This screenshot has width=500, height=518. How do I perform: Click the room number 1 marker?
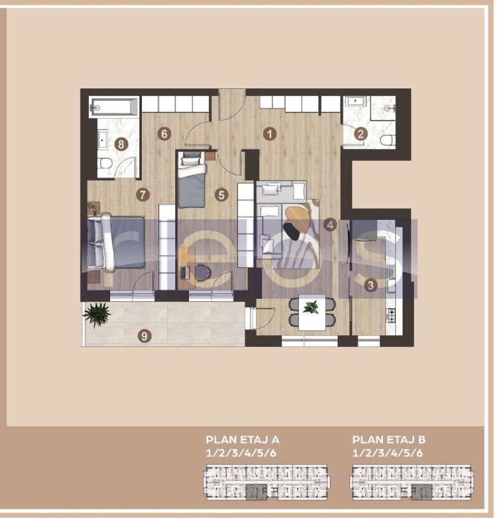pyautogui.click(x=269, y=134)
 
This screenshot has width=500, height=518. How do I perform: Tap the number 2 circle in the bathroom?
pyautogui.click(x=361, y=134)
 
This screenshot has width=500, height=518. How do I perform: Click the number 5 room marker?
pyautogui.click(x=221, y=194)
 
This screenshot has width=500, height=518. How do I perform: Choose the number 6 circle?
pyautogui.click(x=164, y=134)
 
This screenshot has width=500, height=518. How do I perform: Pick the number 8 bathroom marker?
pyautogui.click(x=121, y=143)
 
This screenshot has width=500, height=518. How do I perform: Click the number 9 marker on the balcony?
pyautogui.click(x=144, y=336)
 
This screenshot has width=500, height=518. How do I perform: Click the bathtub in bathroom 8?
pyautogui.click(x=114, y=108)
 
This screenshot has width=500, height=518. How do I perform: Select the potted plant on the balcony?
pyautogui.click(x=97, y=314)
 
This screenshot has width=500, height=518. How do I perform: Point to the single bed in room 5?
pyautogui.click(x=192, y=180)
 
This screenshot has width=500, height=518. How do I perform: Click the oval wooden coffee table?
pyautogui.click(x=297, y=219)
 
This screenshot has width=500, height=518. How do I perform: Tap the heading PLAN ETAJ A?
pyautogui.click(x=242, y=440)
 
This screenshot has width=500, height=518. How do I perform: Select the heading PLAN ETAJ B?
pyautogui.click(x=389, y=440)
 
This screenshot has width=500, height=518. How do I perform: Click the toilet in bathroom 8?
pyautogui.click(x=105, y=164)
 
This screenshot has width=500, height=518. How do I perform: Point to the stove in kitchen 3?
pyautogui.click(x=391, y=315)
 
